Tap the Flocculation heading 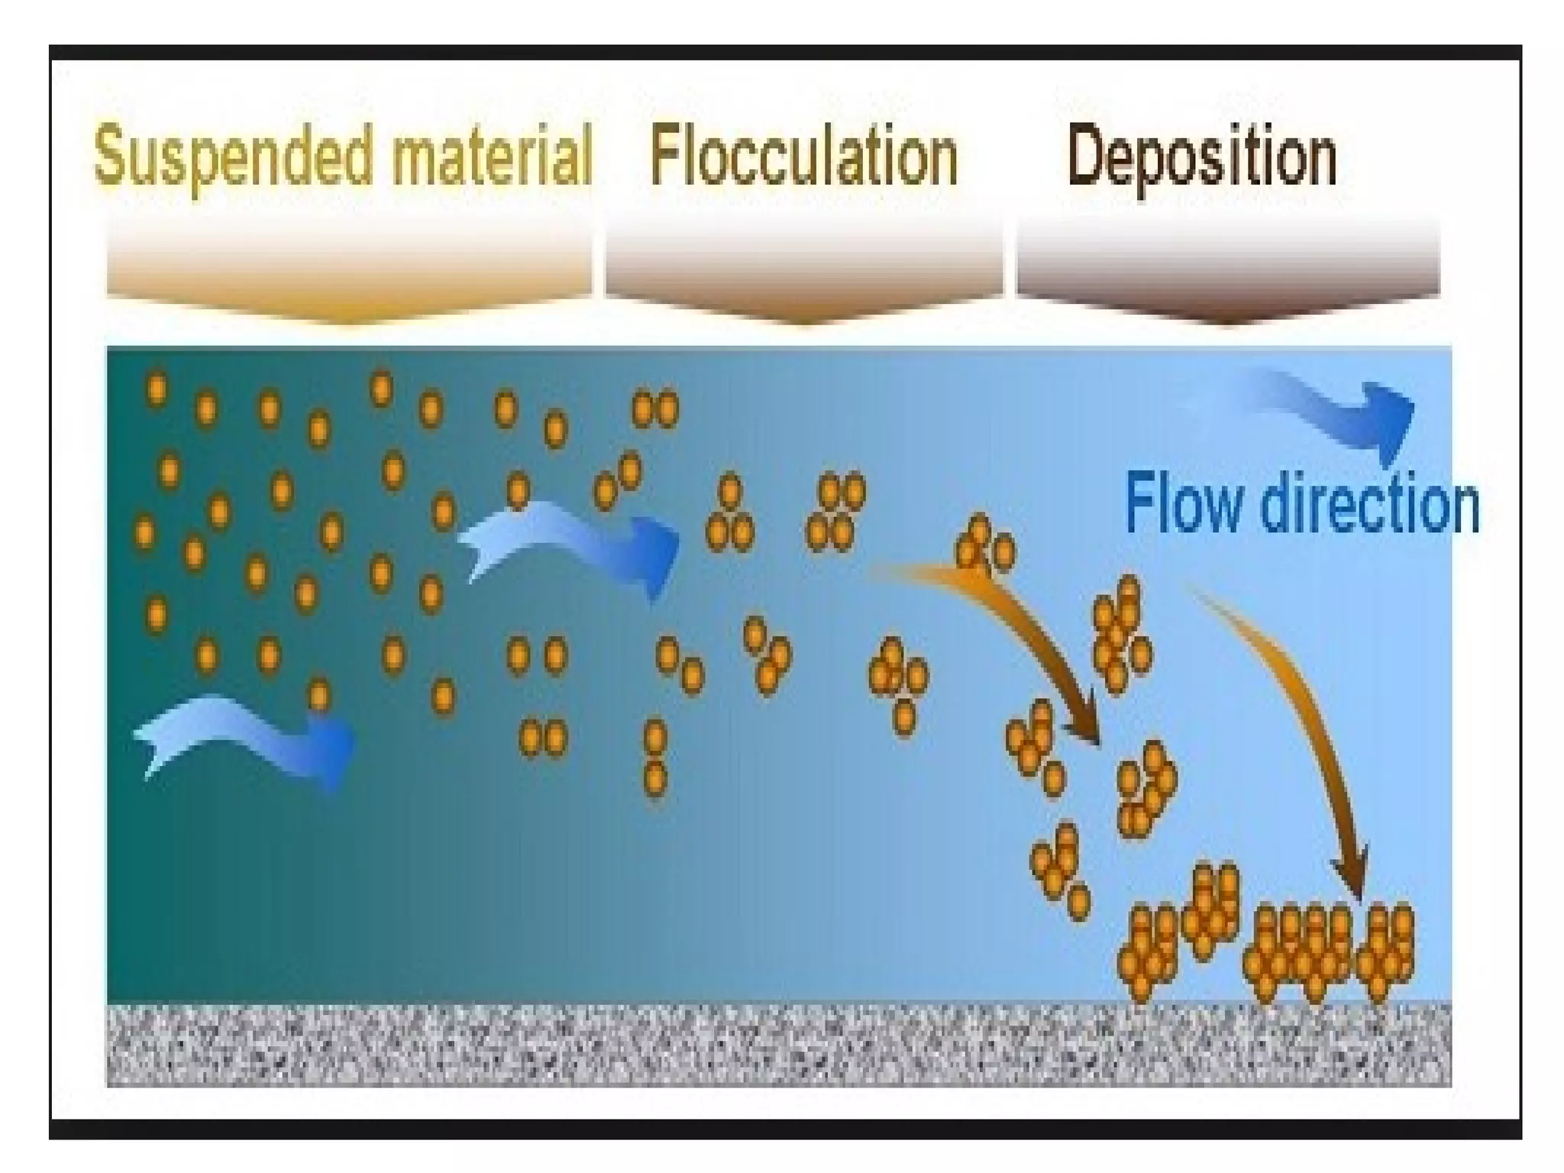click(803, 157)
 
